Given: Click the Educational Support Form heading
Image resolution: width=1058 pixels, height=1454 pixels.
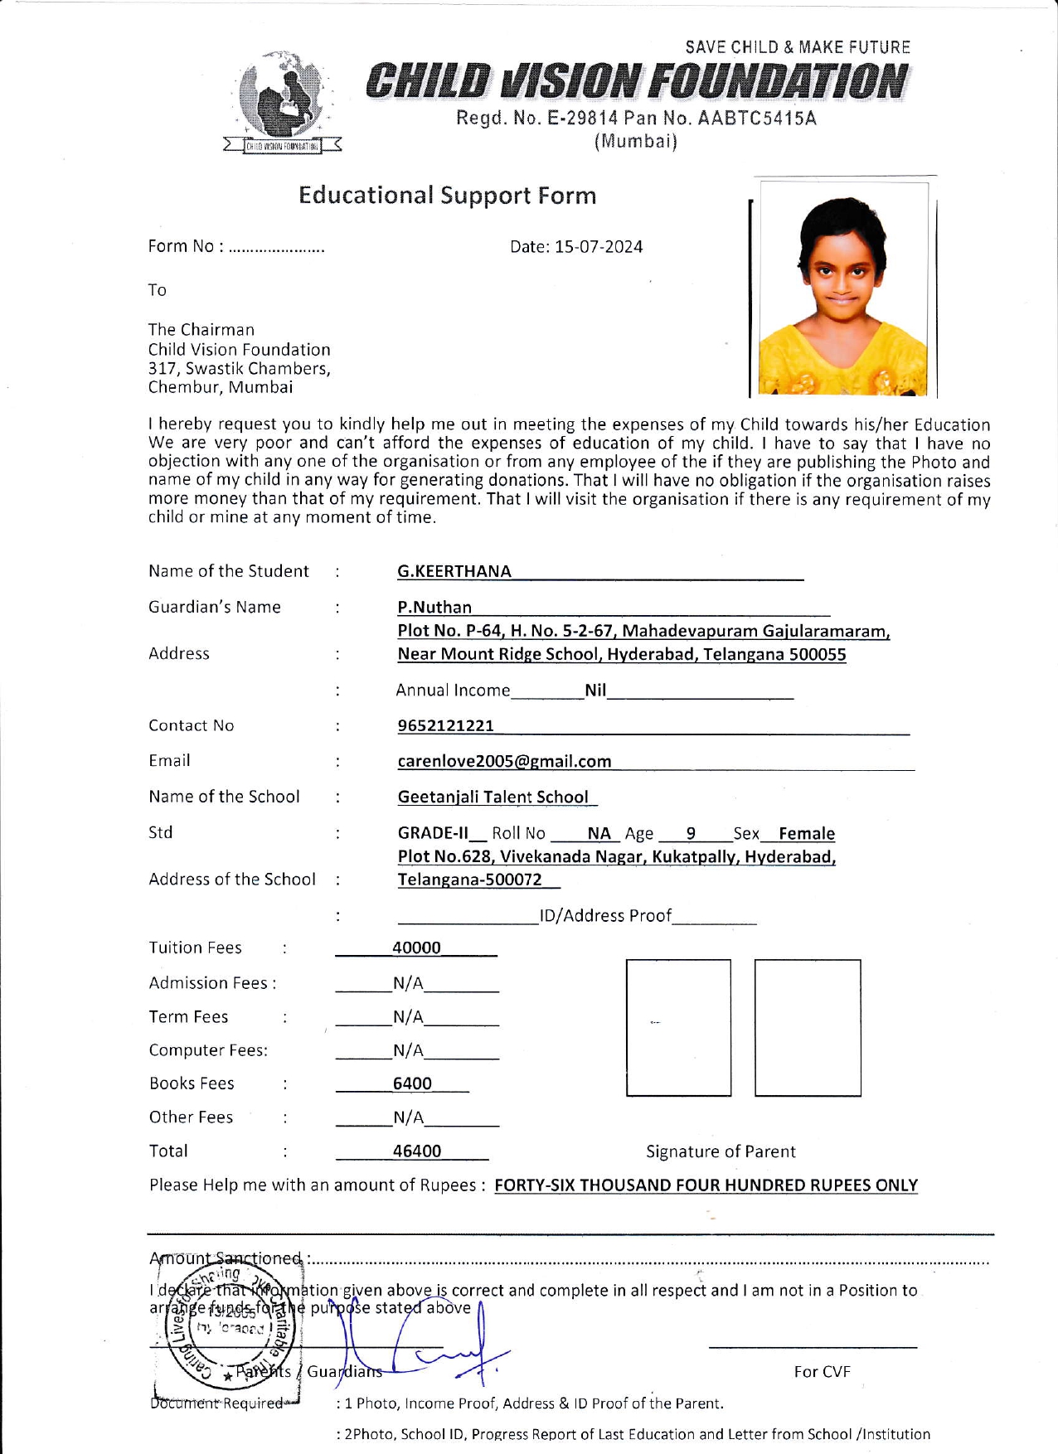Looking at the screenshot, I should coord(447,196).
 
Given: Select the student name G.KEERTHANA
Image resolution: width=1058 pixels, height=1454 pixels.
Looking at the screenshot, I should coord(454,571).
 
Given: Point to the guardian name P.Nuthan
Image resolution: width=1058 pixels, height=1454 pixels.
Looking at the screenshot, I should coord(434,608).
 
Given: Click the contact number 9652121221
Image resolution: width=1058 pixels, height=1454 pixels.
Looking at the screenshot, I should coord(446,726).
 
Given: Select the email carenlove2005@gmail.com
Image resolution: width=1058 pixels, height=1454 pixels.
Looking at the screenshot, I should coord(504,761).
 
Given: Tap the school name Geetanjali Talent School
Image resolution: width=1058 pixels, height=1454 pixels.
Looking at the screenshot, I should coord(493,797).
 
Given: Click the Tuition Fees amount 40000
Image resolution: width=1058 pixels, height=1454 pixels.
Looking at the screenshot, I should coord(416,948).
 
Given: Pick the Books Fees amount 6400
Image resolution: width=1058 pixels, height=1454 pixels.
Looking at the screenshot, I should coord(412,1083).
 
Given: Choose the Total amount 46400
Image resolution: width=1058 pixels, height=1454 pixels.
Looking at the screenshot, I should coord(416,1151).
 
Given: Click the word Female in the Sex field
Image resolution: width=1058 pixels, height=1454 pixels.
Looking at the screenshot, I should coord(807,833).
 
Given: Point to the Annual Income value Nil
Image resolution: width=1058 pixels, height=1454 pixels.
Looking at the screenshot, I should coord(595,690).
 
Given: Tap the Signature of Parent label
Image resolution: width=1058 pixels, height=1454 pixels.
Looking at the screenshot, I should coord(721,1151).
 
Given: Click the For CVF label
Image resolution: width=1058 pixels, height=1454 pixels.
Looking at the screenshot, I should coord(822,1372).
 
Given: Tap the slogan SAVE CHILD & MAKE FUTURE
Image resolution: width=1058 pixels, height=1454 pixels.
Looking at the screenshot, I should coord(798,47).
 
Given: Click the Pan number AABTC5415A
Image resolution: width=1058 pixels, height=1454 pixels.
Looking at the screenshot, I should coord(757,119).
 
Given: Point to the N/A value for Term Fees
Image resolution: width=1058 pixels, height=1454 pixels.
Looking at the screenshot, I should coord(408,1016).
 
